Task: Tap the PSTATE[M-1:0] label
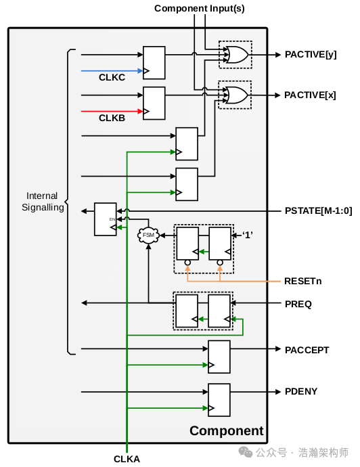click(x=318, y=211)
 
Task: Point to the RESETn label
click(x=303, y=280)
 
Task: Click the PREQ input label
click(x=298, y=305)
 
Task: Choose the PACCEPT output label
click(x=307, y=350)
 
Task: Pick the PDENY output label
click(x=301, y=391)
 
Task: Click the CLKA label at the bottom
click(x=127, y=459)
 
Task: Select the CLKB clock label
click(x=113, y=118)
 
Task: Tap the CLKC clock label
click(x=113, y=78)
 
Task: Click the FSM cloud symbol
click(x=148, y=236)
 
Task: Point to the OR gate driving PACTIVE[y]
click(x=235, y=55)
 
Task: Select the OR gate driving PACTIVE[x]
click(x=235, y=95)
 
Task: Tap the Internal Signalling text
click(x=42, y=202)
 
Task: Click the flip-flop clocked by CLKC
click(x=154, y=62)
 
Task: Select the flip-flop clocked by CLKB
click(x=154, y=102)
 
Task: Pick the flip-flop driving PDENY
click(x=219, y=399)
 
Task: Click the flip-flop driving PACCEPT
click(x=219, y=357)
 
